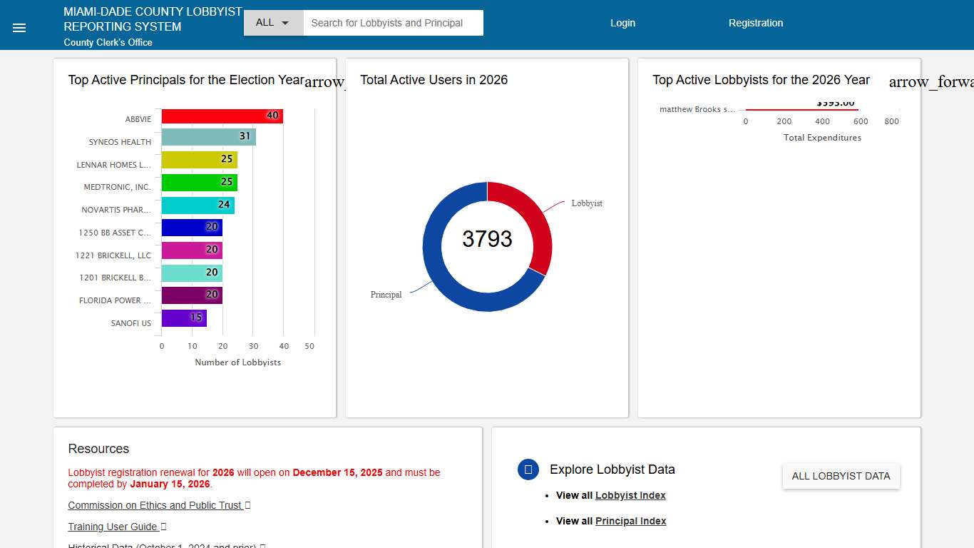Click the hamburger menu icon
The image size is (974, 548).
19,28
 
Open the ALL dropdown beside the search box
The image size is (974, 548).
273,23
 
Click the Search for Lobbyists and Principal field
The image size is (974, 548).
393,23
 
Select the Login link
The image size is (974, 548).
622,23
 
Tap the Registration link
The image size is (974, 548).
755,23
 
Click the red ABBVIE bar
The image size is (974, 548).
222,116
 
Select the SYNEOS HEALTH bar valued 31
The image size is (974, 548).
208,137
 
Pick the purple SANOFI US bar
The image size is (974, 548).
184,318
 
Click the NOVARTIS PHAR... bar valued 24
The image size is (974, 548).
198,205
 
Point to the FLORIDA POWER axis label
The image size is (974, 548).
115,300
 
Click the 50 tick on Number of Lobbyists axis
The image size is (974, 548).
309,346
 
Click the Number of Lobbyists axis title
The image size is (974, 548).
237,362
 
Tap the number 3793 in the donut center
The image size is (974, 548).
487,239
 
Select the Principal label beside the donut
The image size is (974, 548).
386,295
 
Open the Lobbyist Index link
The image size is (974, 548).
630,495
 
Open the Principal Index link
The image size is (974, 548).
630,521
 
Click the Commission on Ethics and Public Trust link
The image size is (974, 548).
155,505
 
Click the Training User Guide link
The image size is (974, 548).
113,527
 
